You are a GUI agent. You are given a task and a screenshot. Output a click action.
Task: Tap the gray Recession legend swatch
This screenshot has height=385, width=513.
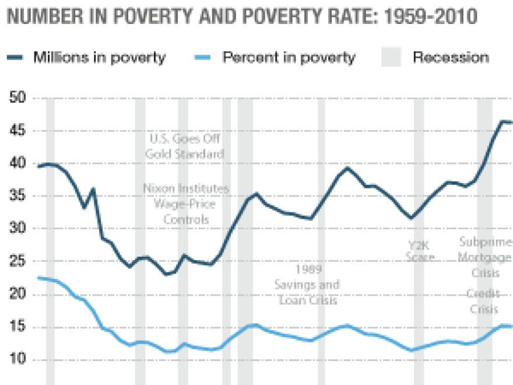pyautogui.click(x=391, y=57)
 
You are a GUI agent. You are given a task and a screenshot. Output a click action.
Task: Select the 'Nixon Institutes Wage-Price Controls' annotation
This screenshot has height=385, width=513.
pyautogui.click(x=185, y=204)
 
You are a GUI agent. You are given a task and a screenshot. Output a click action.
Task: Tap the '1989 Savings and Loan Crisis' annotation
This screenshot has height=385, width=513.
pyautogui.click(x=307, y=285)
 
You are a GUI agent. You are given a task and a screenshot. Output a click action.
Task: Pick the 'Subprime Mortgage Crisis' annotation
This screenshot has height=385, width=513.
pyautogui.click(x=485, y=257)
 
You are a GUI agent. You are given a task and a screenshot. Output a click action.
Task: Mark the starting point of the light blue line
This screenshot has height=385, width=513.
pyautogui.click(x=38, y=278)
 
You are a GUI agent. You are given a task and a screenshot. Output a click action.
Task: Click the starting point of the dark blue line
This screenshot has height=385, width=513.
pyautogui.click(x=38, y=166)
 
